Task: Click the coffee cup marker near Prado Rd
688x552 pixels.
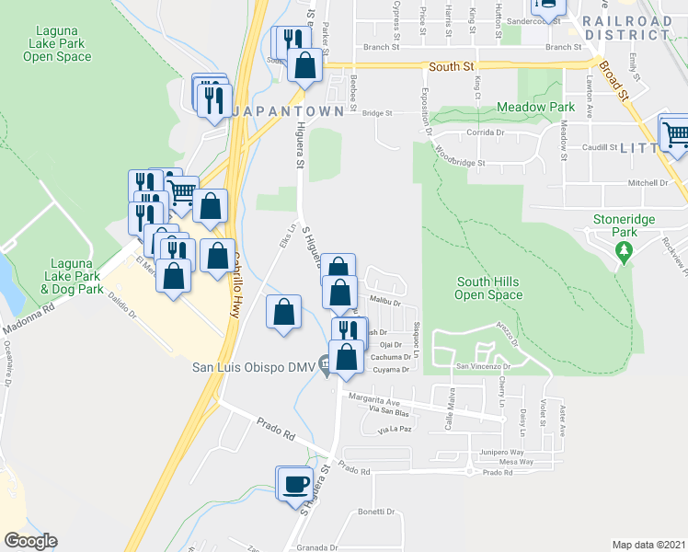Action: [295, 485]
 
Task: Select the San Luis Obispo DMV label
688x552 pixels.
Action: [253, 367]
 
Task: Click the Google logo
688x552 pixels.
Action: [30, 541]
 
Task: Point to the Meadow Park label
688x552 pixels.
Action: [535, 108]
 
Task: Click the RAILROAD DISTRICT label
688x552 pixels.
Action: [626, 27]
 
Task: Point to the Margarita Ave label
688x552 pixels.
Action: [372, 402]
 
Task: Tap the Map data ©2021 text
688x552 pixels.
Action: [648, 545]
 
